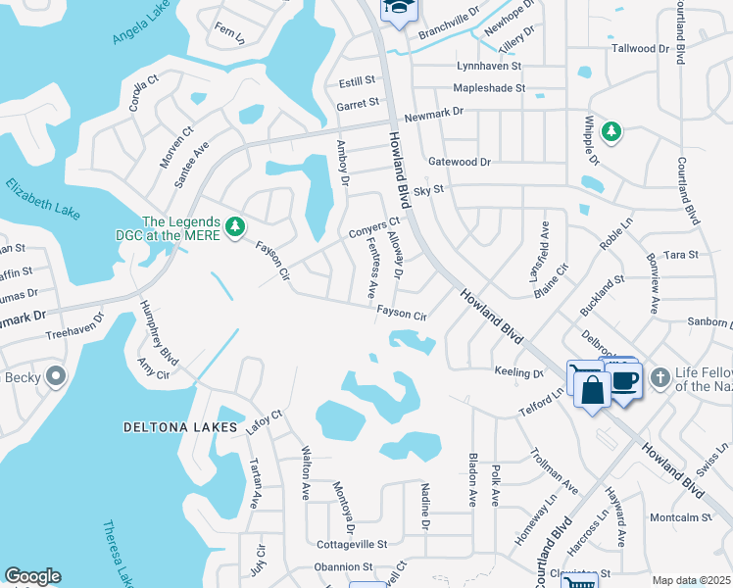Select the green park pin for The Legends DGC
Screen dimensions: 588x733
[234, 227]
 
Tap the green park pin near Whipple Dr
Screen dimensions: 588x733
[611, 131]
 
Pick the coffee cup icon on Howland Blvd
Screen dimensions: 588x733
[626, 380]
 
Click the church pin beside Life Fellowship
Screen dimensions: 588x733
[661, 377]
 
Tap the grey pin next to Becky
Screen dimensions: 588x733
[56, 375]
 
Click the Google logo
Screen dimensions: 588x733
[32, 577]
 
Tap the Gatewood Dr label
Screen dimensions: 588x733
[459, 161]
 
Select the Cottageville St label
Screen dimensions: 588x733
[352, 543]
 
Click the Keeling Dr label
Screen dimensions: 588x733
[525, 373]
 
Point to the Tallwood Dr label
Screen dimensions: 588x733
[639, 48]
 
